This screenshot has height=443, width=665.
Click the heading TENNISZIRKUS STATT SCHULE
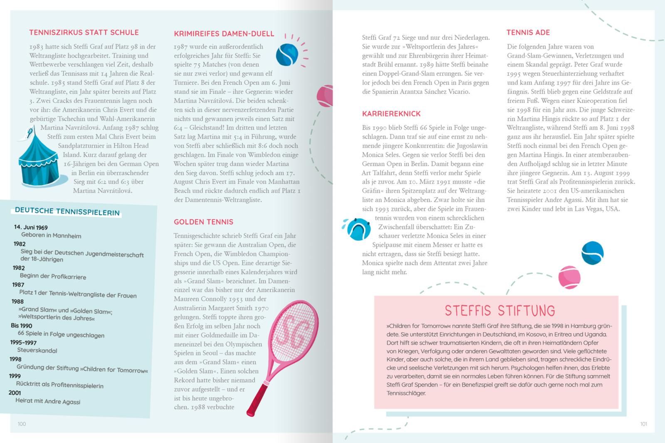tap(84, 32)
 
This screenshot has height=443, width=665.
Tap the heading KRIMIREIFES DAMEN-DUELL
tap(224, 34)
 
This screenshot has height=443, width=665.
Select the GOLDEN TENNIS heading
tap(204, 222)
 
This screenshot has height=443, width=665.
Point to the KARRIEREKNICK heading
tap(391, 114)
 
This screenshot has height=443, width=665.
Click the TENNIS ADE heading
tap(528, 32)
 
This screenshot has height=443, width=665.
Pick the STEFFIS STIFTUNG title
tap(500, 311)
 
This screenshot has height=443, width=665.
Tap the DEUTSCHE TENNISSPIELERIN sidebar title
tap(67, 211)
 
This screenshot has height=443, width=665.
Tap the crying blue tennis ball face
tap(359, 229)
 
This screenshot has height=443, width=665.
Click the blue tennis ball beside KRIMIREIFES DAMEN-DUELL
tap(287, 55)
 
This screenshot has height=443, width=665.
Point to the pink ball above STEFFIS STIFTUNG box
tap(569, 277)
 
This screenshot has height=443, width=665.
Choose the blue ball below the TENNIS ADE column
tap(592, 253)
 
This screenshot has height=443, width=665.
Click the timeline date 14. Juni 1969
tap(31, 227)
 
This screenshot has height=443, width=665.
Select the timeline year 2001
tap(15, 392)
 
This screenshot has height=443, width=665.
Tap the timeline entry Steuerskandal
tap(37, 350)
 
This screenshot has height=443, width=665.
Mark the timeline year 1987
tap(18, 284)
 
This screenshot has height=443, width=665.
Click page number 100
tap(22, 424)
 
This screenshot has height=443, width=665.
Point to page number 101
tap(643, 424)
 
